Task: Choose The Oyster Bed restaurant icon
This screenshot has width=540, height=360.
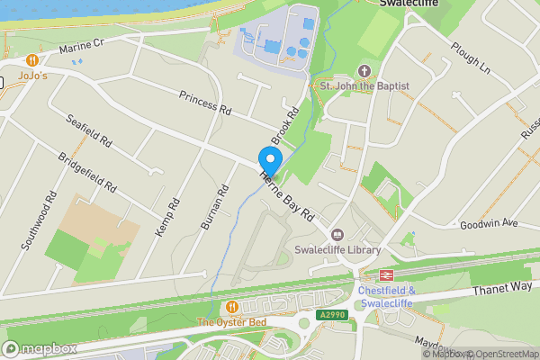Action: [234, 307]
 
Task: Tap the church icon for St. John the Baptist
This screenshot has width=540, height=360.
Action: [364, 69]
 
